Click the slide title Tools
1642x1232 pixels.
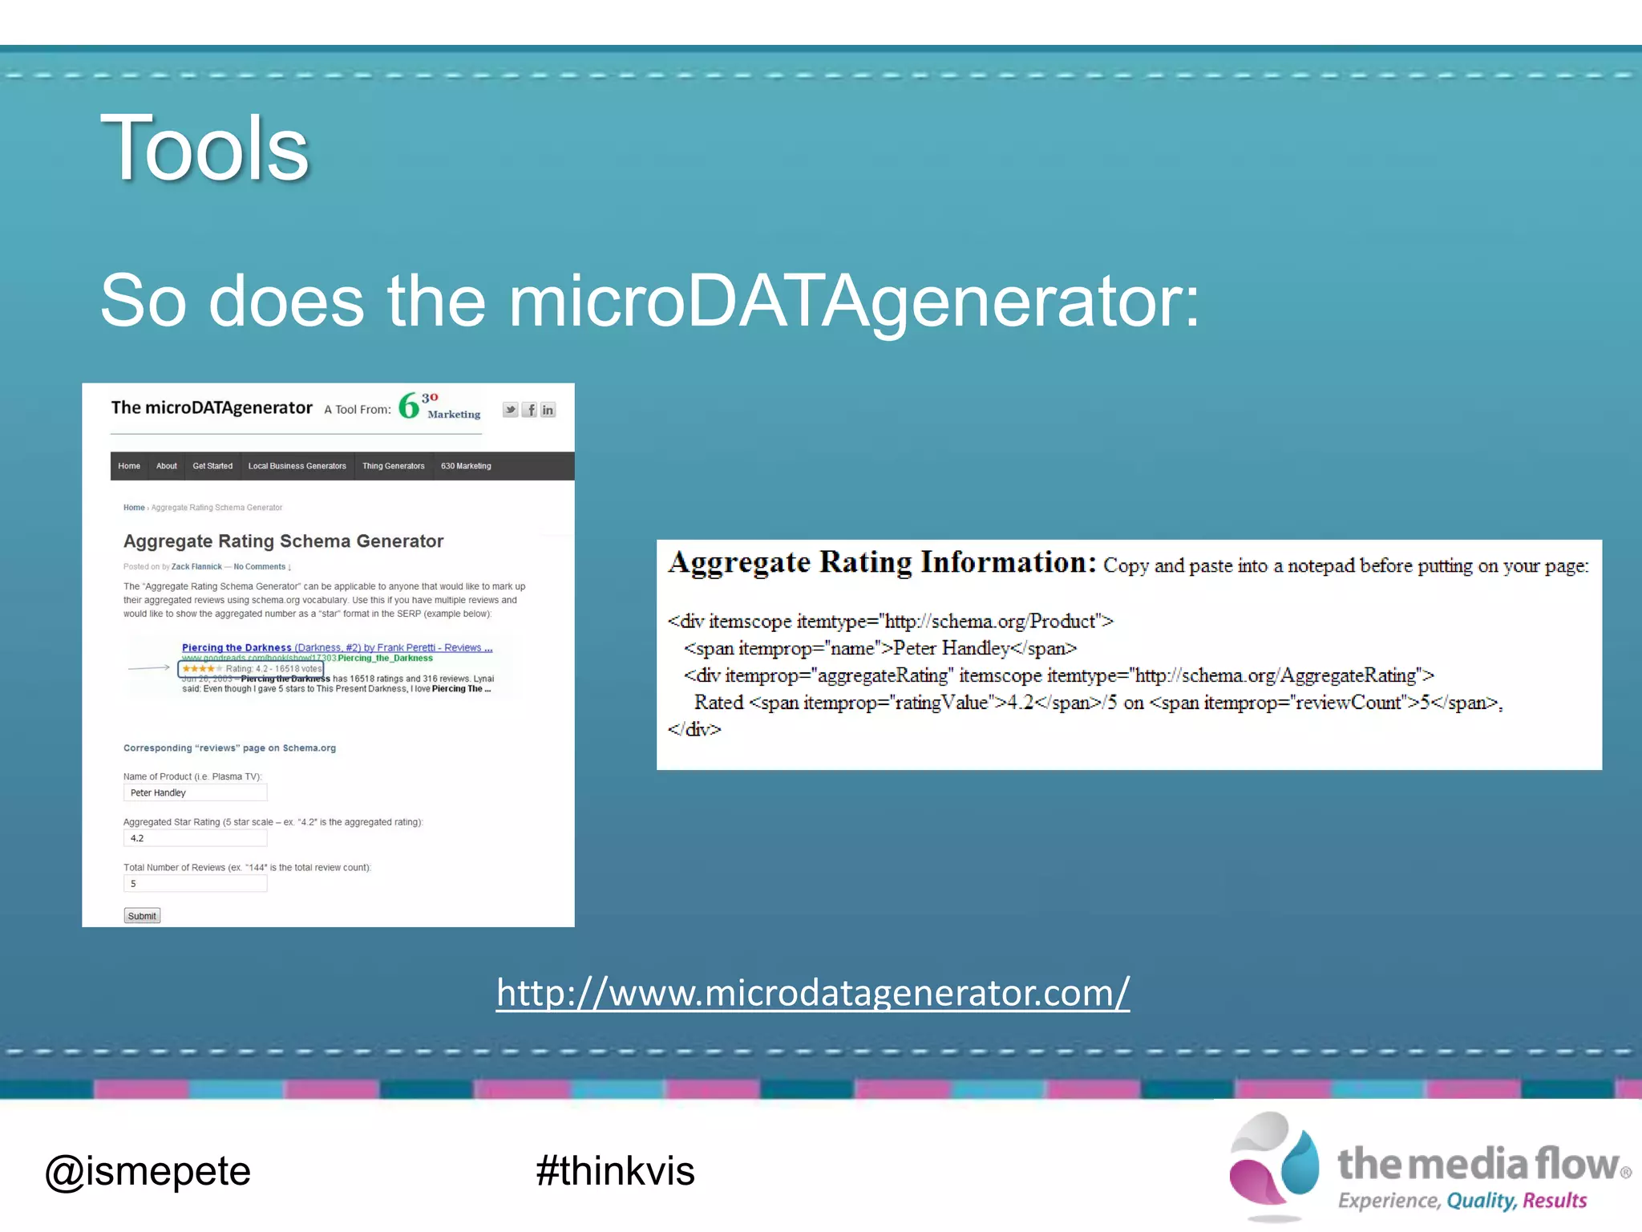click(x=204, y=148)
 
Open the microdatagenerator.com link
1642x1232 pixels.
click(x=812, y=993)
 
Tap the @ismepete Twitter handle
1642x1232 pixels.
click(x=148, y=1171)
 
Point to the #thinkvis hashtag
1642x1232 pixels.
click(x=615, y=1171)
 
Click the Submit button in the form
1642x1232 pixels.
click(x=142, y=916)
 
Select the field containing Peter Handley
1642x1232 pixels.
click(x=195, y=792)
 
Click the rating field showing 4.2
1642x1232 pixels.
click(x=195, y=838)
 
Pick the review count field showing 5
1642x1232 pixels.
click(x=195, y=884)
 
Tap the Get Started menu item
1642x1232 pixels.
click(x=212, y=466)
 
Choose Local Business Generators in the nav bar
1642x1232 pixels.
click(x=297, y=466)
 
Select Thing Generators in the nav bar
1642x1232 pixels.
click(x=393, y=466)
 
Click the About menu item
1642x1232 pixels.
click(x=166, y=466)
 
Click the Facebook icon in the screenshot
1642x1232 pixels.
click(x=530, y=410)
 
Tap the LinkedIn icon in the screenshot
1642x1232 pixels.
click(x=548, y=410)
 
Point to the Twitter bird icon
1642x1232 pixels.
click(x=511, y=410)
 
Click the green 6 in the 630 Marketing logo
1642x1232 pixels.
click(x=409, y=406)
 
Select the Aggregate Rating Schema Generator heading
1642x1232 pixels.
click(x=283, y=541)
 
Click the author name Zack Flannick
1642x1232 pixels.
click(x=196, y=566)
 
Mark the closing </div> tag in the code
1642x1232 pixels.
click(x=694, y=729)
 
